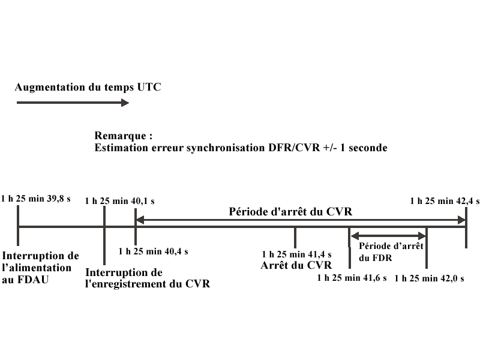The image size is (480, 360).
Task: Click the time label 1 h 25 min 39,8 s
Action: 36,199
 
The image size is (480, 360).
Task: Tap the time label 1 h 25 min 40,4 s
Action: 154,251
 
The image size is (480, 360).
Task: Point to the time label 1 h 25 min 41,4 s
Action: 297,254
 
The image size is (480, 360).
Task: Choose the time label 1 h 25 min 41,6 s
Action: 352,278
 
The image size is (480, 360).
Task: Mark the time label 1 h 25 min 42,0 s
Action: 430,278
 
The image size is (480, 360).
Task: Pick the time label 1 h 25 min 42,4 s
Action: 445,201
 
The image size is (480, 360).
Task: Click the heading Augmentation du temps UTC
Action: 88,87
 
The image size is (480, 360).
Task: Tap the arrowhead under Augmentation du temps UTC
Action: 125,103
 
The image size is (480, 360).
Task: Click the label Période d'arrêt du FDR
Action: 391,251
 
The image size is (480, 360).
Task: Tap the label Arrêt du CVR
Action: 296,265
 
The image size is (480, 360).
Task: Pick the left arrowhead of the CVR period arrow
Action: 140,221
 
